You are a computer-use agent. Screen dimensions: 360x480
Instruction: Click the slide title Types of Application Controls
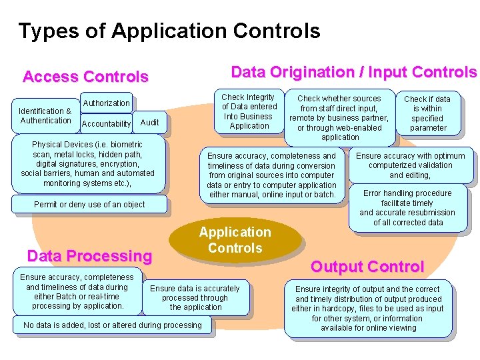[x=169, y=31]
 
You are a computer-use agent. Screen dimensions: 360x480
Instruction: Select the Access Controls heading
[x=85, y=77]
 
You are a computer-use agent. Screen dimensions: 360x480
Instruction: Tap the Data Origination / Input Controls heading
[x=353, y=72]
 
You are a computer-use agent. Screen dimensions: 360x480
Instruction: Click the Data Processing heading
[x=89, y=256]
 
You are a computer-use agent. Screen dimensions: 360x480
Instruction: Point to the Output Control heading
[x=367, y=267]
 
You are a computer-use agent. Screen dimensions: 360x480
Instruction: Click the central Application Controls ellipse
[x=235, y=240]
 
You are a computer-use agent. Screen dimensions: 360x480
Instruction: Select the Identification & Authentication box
[x=45, y=116]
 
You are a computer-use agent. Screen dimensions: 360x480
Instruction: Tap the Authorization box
[x=106, y=103]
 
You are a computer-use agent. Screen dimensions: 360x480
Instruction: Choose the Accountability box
[x=106, y=123]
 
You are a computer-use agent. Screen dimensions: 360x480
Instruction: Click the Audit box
[x=149, y=122]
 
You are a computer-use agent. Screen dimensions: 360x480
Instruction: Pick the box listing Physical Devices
[x=88, y=163]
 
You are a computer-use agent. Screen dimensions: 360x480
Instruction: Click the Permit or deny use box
[x=89, y=205]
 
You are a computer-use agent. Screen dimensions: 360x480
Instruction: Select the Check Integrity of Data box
[x=249, y=111]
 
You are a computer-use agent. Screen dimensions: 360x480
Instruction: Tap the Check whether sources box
[x=339, y=118]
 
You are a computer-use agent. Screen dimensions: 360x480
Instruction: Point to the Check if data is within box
[x=427, y=113]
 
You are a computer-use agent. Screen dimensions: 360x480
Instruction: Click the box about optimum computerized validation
[x=410, y=165]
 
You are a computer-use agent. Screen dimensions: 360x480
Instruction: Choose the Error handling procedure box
[x=407, y=207]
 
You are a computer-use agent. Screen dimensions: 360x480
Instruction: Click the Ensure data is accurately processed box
[x=195, y=298]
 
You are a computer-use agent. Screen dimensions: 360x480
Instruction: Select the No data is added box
[x=112, y=325]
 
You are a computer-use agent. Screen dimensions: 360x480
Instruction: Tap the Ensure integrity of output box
[x=367, y=308]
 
